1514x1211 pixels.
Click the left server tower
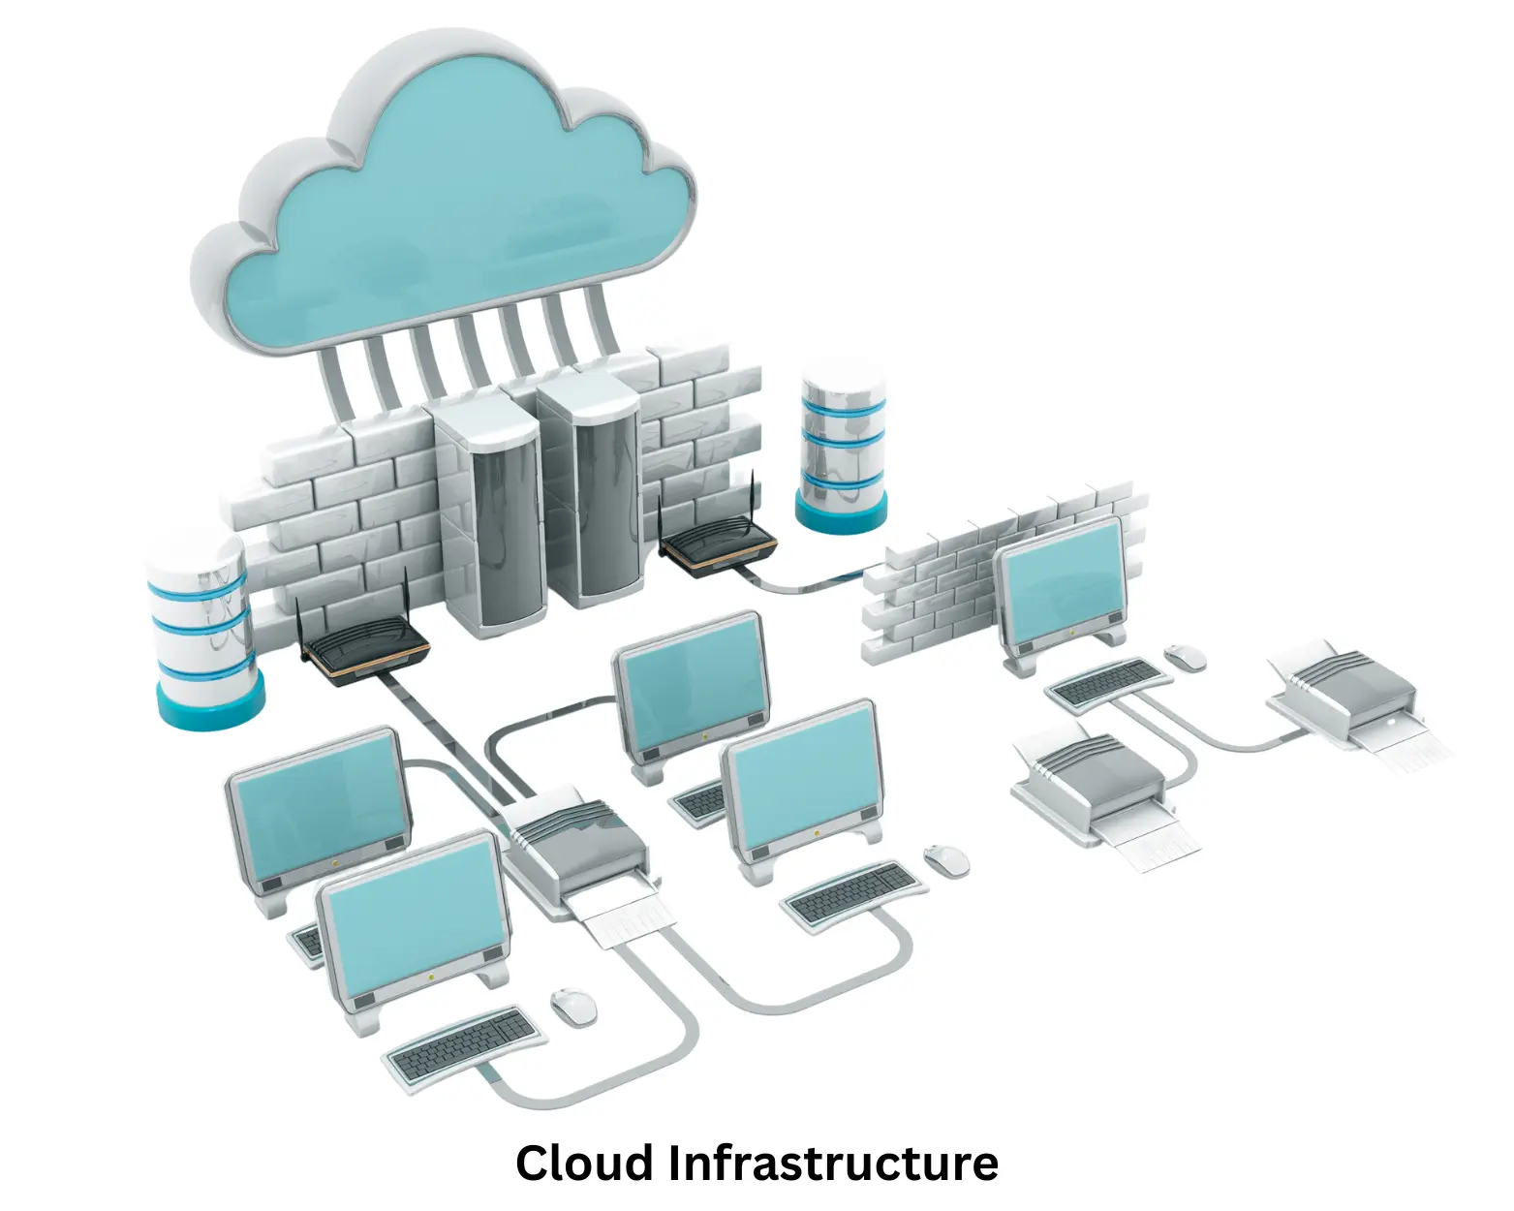pyautogui.click(x=489, y=523)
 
